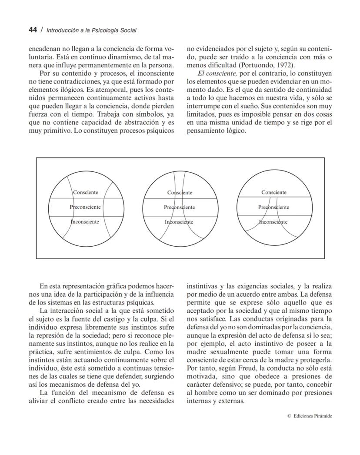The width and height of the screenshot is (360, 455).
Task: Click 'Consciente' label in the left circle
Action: coord(85,192)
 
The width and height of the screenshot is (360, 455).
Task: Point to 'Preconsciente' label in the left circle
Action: coord(85,207)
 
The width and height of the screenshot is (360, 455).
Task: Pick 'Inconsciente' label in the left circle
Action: coord(85,222)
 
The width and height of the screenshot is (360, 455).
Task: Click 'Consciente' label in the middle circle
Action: coord(180,193)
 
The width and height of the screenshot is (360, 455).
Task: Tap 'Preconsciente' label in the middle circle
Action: coord(179,207)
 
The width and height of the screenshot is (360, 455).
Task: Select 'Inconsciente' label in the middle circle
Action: coord(179,222)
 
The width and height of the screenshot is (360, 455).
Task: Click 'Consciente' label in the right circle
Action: coord(274,192)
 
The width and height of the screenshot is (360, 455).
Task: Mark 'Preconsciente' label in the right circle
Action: coord(273,207)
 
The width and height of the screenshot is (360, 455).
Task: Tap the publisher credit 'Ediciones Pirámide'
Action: coord(313,416)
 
